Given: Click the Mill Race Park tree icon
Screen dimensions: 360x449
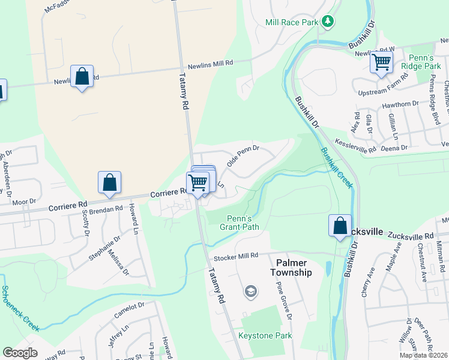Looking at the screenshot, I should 327,22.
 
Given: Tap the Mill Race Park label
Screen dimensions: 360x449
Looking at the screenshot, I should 291,22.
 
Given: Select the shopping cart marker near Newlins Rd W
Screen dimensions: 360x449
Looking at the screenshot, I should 381,62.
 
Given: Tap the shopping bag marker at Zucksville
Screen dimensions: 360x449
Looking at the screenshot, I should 340,226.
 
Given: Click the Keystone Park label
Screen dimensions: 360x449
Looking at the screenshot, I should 265,335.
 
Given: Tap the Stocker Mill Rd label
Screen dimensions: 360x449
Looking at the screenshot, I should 236,256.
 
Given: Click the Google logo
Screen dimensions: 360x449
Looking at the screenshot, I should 20,352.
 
